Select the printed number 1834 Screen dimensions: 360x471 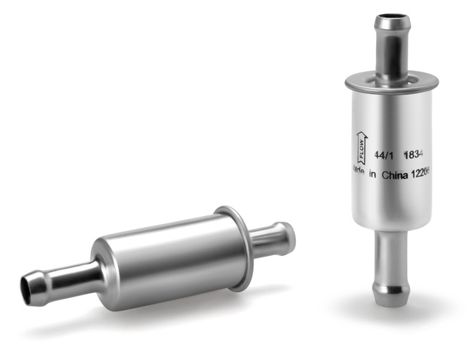click(415, 153)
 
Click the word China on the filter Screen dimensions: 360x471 click(396, 177)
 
